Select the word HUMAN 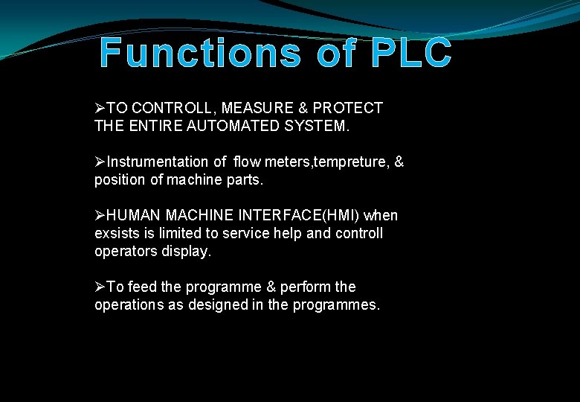[x=134, y=216]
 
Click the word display [x=188, y=252]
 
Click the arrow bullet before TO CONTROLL [x=100, y=109]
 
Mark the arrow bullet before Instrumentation [x=100, y=162]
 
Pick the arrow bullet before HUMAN [x=100, y=216]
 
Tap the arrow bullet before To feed [x=100, y=287]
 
